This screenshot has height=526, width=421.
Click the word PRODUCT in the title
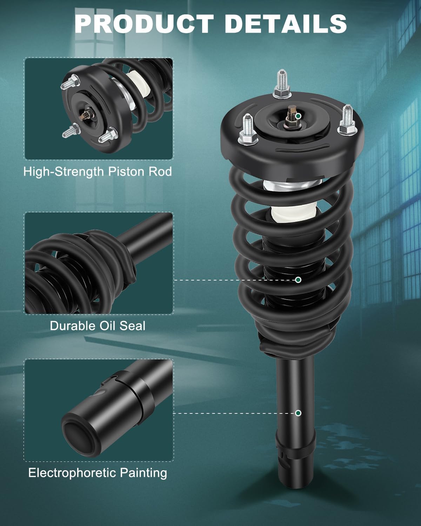[x=144, y=23]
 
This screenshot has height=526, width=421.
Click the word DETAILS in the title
[x=286, y=23]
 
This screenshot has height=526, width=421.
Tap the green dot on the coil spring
[x=298, y=280]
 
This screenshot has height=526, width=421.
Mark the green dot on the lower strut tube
[x=298, y=413]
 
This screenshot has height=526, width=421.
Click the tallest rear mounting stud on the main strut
[x=282, y=84]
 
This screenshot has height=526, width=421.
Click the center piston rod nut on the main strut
[x=292, y=117]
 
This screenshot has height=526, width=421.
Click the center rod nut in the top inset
[x=86, y=115]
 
